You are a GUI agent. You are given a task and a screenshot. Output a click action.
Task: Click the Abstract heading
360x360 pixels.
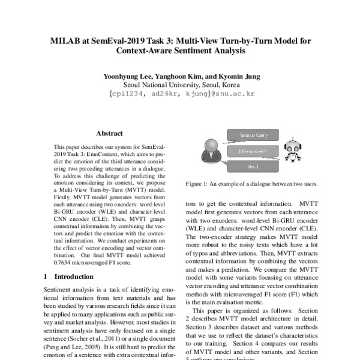click(109, 133)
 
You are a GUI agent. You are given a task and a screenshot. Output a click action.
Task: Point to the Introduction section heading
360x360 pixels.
click(74, 277)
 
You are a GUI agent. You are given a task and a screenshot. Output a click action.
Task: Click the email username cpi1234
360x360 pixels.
click(124, 94)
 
